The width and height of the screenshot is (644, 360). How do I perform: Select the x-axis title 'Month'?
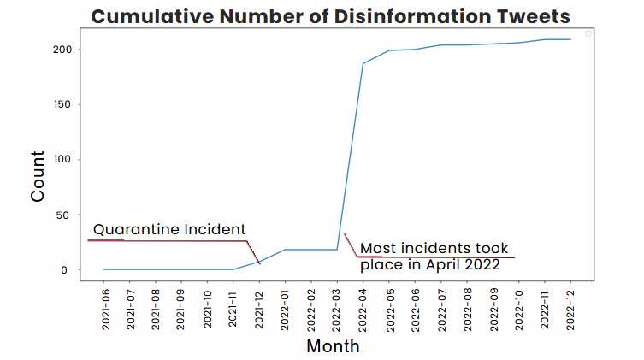pyautogui.click(x=333, y=346)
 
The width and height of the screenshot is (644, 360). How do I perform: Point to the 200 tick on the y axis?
pyautogui.click(x=69, y=49)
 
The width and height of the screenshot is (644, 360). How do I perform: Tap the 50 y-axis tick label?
pyautogui.click(x=73, y=215)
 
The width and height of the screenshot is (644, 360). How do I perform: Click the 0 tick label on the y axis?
pyautogui.click(x=75, y=270)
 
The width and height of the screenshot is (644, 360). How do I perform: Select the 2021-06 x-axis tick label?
pyautogui.click(x=104, y=309)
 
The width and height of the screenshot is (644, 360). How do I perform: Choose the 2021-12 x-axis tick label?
pyautogui.click(x=259, y=309)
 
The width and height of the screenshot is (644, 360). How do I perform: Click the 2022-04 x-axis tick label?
pyautogui.click(x=363, y=309)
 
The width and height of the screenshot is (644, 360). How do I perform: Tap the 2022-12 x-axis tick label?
pyautogui.click(x=570, y=309)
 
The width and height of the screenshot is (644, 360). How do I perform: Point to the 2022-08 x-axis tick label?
pyautogui.click(x=467, y=309)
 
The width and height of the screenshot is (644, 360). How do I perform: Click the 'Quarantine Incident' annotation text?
pyautogui.click(x=169, y=229)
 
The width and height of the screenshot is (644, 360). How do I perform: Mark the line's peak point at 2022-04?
pyautogui.click(x=363, y=63)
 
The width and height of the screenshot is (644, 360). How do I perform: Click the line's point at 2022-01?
pyautogui.click(x=286, y=250)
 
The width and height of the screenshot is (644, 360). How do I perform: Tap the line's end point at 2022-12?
pyautogui.click(x=570, y=39)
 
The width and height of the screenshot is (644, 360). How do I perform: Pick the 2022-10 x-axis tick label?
pyautogui.click(x=519, y=309)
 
